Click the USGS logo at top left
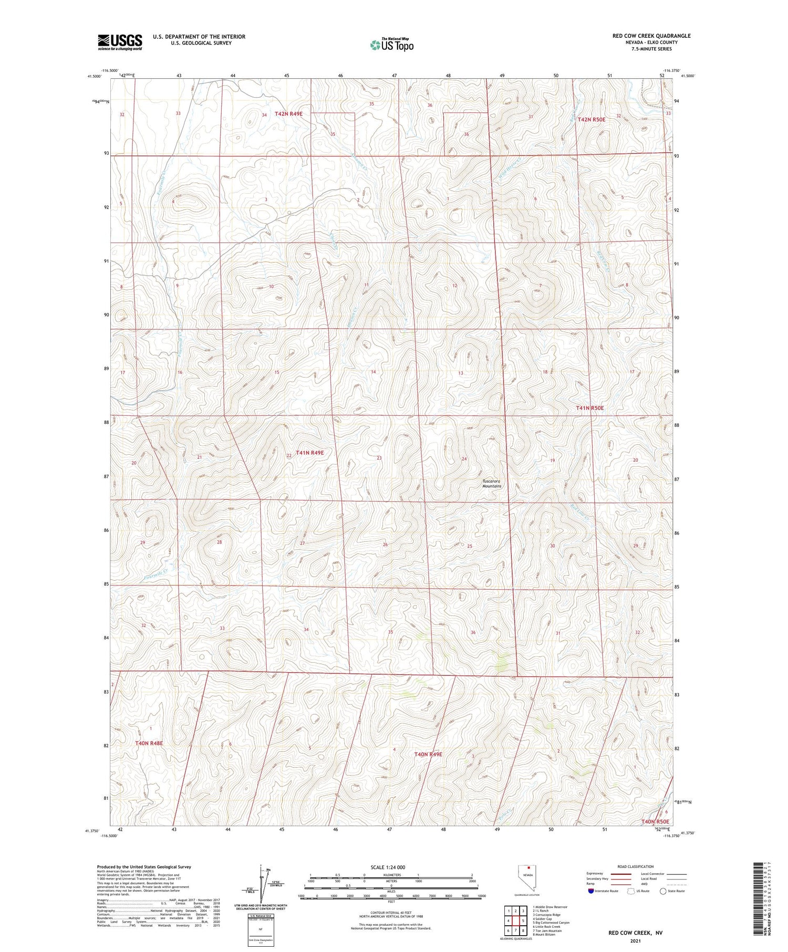pyautogui.click(x=120, y=42)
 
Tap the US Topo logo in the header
pyautogui.click(x=391, y=45)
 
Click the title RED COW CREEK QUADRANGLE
pyautogui.click(x=651, y=36)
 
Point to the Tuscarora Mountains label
pyautogui.click(x=492, y=483)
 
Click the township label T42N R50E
pyautogui.click(x=591, y=120)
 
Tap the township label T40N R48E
pyautogui.click(x=149, y=743)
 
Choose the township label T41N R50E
pyautogui.click(x=589, y=407)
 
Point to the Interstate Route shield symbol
pyautogui.click(x=591, y=891)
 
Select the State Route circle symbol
pyautogui.click(x=663, y=891)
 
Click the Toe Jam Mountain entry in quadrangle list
pyautogui.click(x=547, y=930)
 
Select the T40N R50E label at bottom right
pyautogui.click(x=655, y=821)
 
